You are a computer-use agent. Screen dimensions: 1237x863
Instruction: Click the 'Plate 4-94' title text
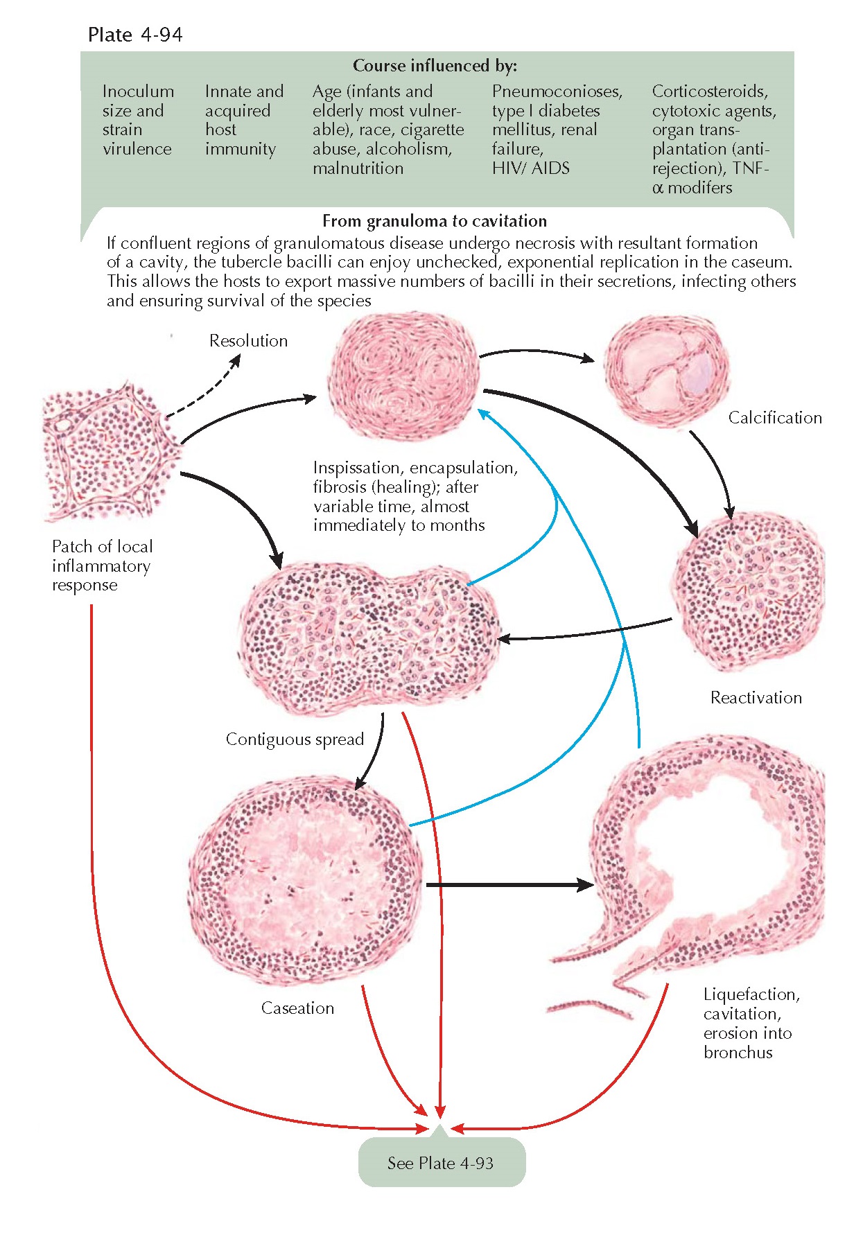point(135,35)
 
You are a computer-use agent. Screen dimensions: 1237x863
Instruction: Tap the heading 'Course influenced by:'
point(435,66)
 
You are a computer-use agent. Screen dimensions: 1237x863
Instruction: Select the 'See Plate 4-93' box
point(441,1163)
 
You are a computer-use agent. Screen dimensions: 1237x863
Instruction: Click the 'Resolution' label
point(248,341)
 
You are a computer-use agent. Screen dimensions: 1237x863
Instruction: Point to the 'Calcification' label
point(775,418)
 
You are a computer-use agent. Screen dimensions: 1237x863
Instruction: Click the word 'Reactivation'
point(756,698)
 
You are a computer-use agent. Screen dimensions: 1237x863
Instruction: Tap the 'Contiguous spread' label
point(295,739)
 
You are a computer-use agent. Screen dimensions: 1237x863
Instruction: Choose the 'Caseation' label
point(297,1008)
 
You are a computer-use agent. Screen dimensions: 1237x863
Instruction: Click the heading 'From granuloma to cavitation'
point(435,221)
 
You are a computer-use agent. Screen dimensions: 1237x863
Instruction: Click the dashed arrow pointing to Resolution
point(204,390)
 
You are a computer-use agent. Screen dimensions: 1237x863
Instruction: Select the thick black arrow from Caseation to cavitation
point(509,885)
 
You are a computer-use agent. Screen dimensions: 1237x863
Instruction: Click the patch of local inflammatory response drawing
point(111,455)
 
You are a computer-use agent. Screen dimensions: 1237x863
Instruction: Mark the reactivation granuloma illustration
point(749,589)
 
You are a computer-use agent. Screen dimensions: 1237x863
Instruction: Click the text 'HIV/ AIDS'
point(530,168)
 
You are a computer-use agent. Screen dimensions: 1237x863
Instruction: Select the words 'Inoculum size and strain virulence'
point(137,120)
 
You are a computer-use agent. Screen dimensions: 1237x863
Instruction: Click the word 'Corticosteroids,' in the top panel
point(709,91)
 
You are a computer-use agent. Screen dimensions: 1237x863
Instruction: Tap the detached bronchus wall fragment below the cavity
point(589,1008)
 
